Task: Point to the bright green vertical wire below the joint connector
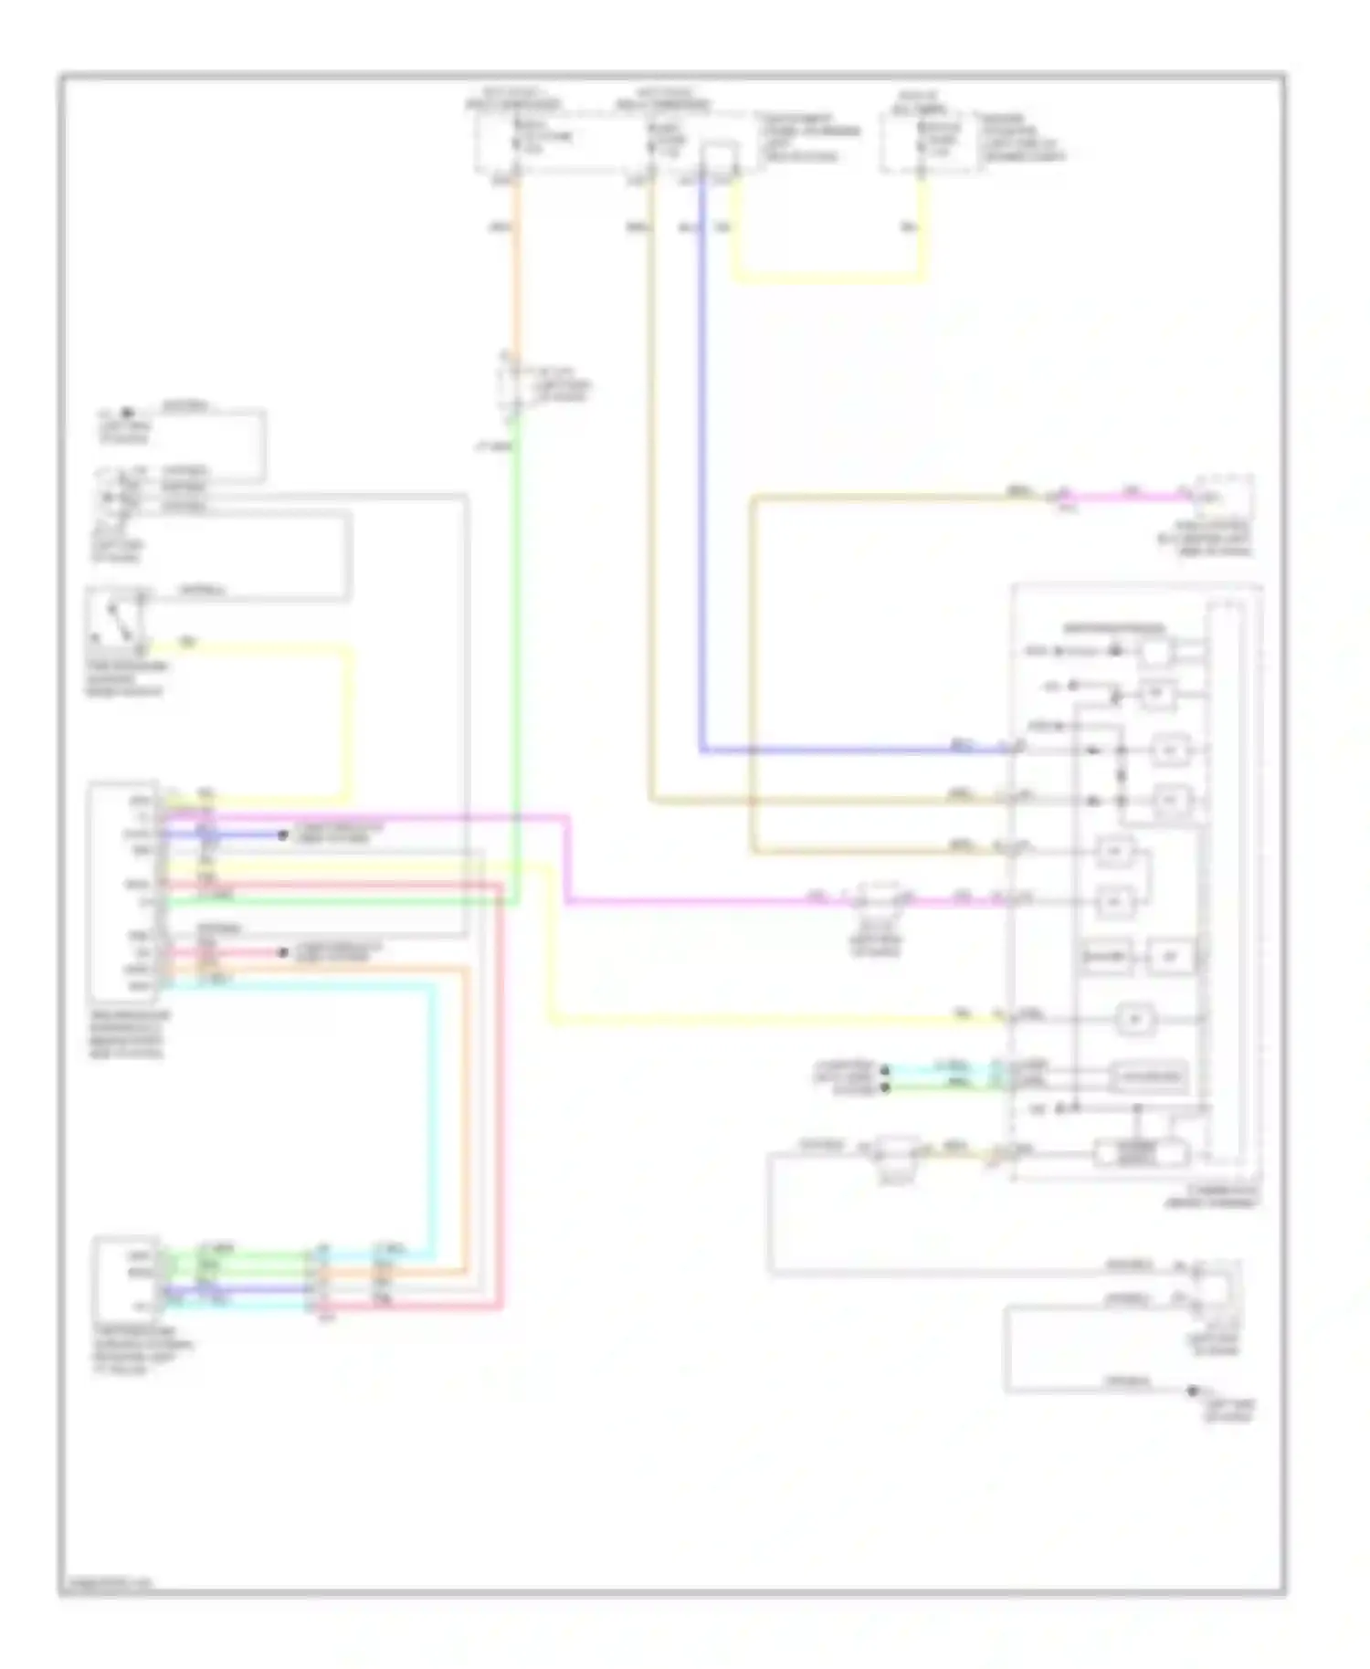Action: tap(516, 639)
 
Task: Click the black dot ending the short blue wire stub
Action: tap(284, 834)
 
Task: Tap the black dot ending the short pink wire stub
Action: tap(284, 953)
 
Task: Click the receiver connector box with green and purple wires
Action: tap(127, 1278)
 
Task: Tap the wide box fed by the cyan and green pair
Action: tap(1149, 1076)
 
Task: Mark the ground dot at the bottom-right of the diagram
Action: tap(1192, 1391)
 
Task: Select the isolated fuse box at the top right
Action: tap(922, 142)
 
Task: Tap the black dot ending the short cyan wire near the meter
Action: tap(884, 1067)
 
